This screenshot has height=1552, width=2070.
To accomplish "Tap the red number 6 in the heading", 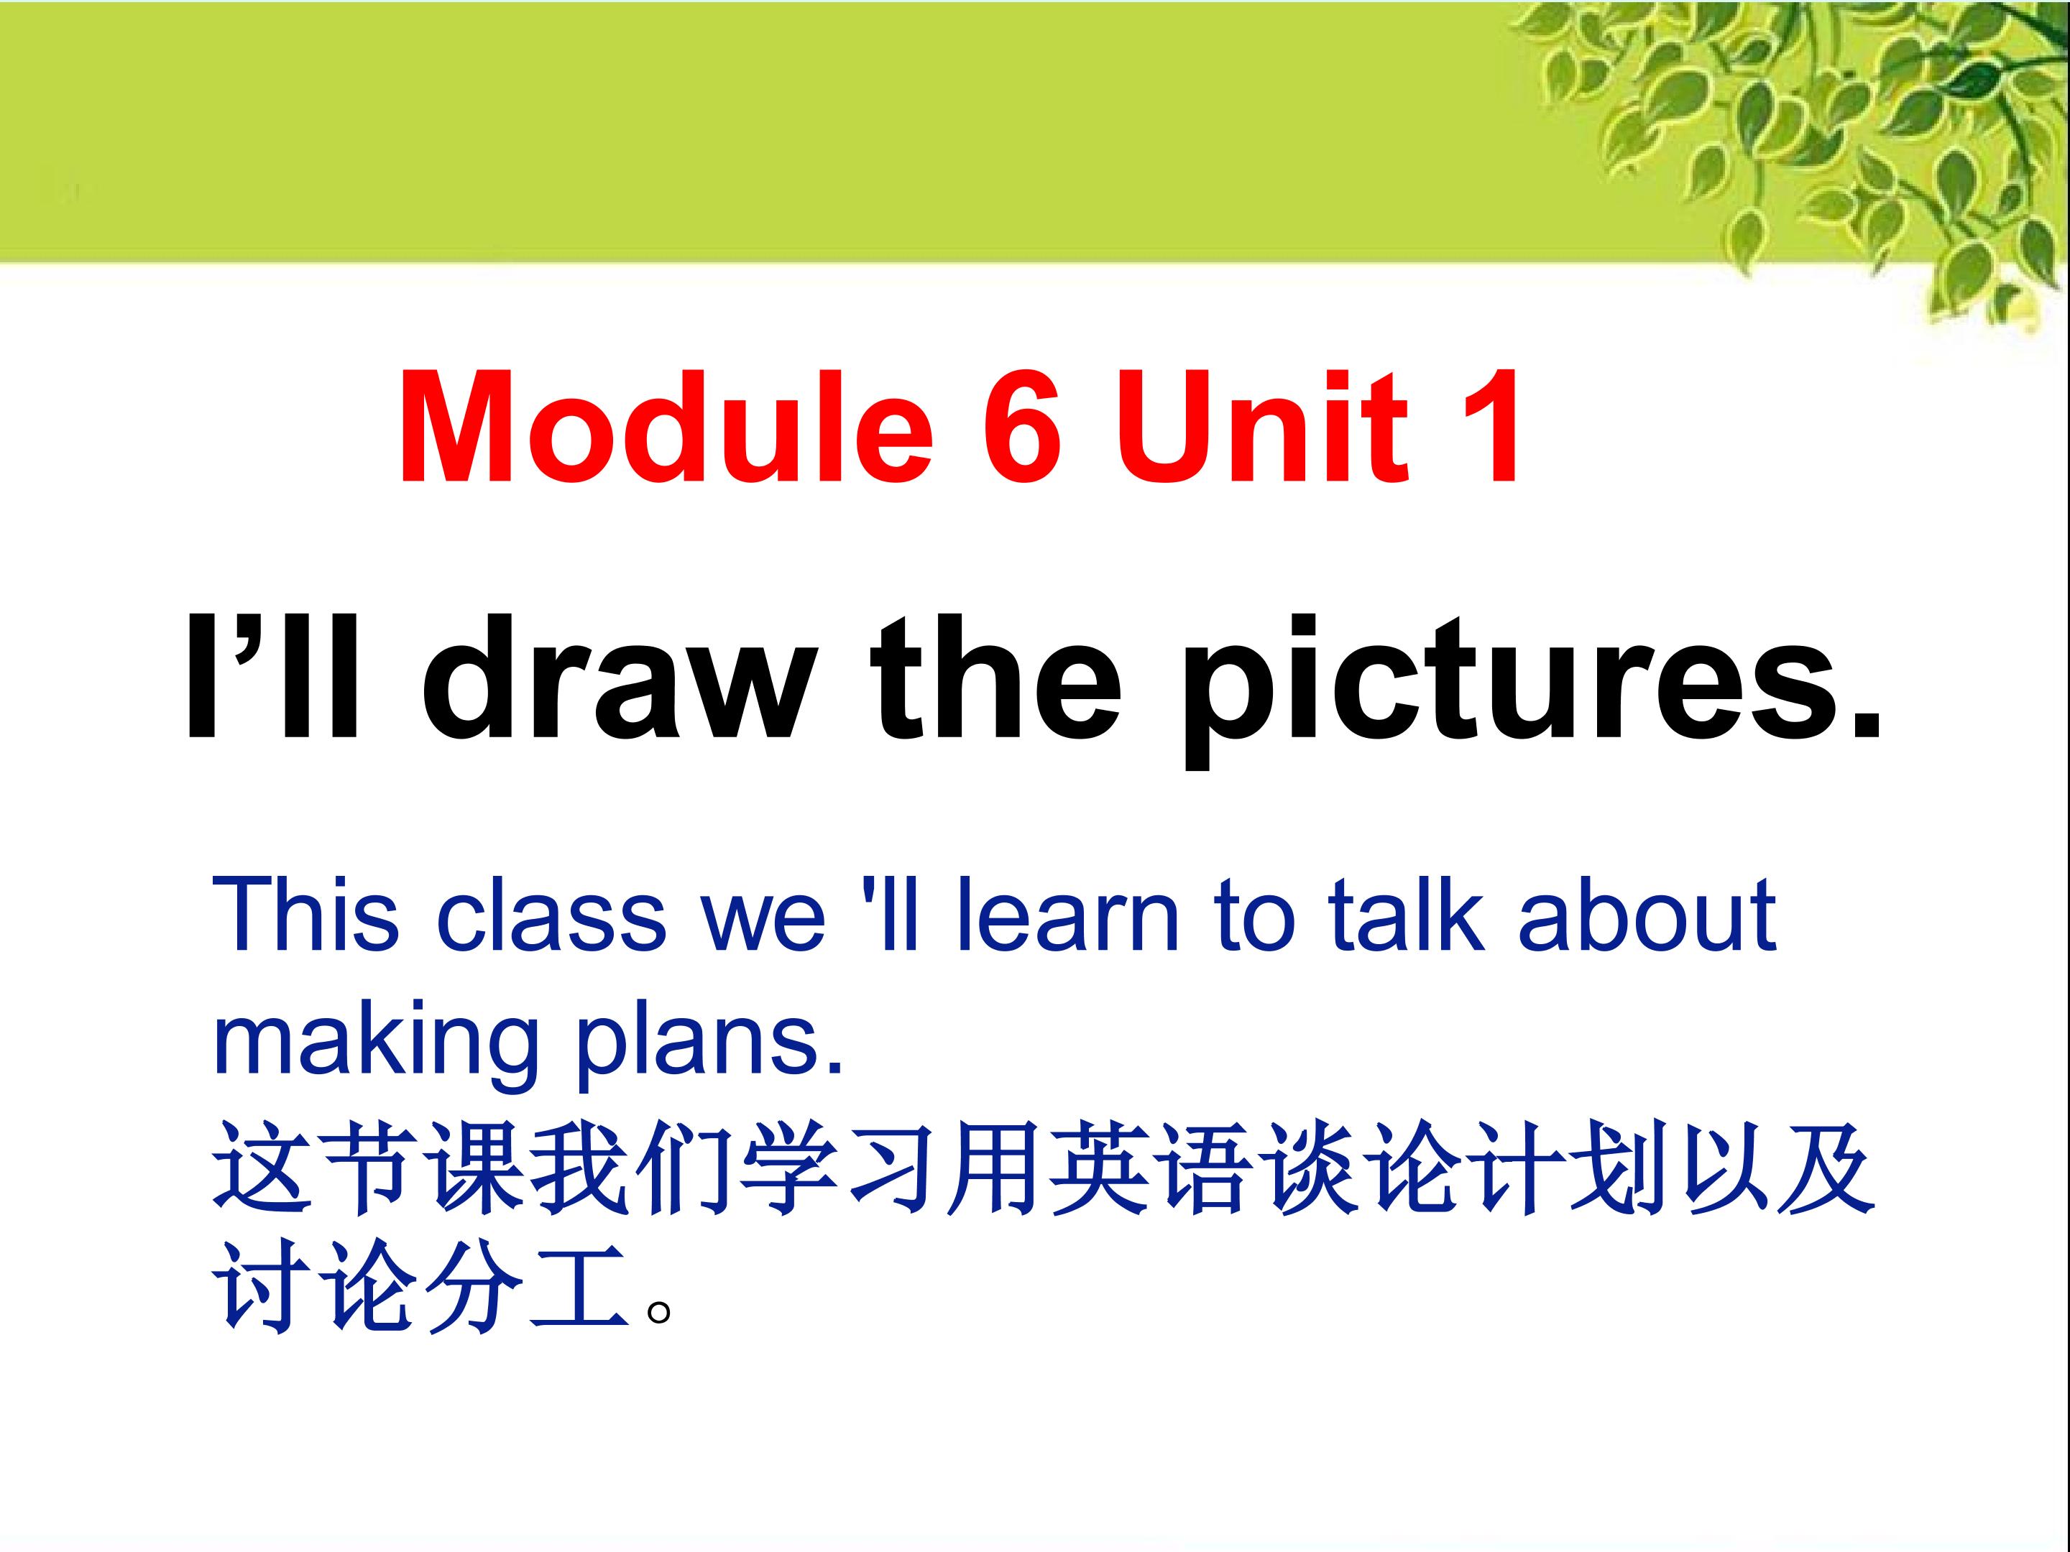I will coord(1022,428).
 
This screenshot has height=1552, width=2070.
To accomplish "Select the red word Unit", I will coord(1269,428).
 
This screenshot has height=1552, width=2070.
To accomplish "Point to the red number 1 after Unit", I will coord(1486,428).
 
